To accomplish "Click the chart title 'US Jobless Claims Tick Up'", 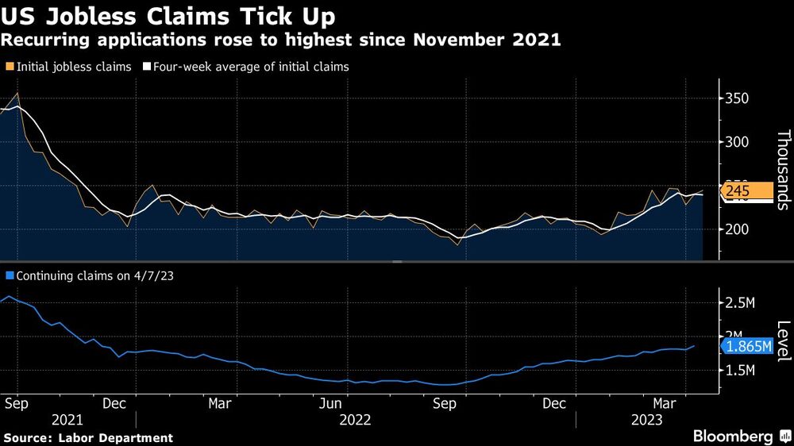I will click(168, 16).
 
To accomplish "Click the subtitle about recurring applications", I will click(282, 40).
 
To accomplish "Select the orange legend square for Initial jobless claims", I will click(9, 67).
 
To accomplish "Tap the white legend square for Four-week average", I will click(147, 67).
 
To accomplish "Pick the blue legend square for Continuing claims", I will click(9, 276).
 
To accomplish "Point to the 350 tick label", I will click(738, 98).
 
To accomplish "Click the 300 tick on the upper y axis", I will click(738, 142).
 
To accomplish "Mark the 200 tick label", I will click(738, 229).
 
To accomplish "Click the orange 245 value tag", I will click(746, 191).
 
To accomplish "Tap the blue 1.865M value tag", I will click(746, 347).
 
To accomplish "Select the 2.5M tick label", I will click(740, 303).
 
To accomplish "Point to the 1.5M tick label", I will click(740, 370).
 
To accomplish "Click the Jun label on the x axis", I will click(331, 403).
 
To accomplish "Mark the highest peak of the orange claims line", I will click(18, 94).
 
